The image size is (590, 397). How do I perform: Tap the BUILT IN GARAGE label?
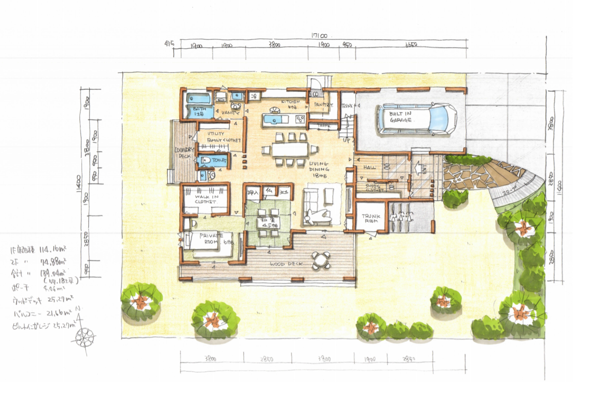click(400, 117)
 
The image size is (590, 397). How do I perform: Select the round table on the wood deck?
click(321, 261)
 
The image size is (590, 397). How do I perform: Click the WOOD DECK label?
click(286, 264)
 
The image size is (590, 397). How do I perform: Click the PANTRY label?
click(323, 105)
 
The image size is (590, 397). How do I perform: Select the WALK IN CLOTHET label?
click(206, 199)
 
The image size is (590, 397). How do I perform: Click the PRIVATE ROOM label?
click(211, 238)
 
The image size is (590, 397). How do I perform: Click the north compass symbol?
click(85, 337)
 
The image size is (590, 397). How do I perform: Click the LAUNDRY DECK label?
click(184, 153)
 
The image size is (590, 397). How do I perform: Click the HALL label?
click(369, 167)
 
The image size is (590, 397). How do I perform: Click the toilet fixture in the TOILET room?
click(205, 160)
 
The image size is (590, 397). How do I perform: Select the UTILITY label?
click(216, 133)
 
